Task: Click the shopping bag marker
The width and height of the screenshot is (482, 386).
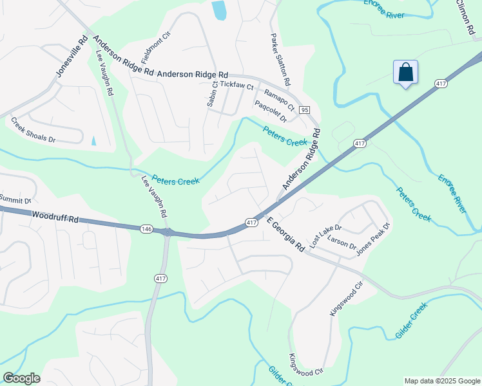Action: click(405, 72)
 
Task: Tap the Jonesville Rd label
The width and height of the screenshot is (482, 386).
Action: click(72, 56)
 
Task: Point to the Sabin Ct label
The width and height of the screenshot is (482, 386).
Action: click(211, 94)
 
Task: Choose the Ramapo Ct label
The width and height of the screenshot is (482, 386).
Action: click(280, 98)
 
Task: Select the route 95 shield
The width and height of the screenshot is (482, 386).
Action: click(305, 110)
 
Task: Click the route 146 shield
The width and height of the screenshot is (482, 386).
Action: click(146, 228)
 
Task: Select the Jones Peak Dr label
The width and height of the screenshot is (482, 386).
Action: click(373, 239)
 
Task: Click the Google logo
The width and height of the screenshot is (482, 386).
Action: click(21, 378)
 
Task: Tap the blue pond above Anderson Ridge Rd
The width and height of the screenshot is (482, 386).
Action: click(219, 9)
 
